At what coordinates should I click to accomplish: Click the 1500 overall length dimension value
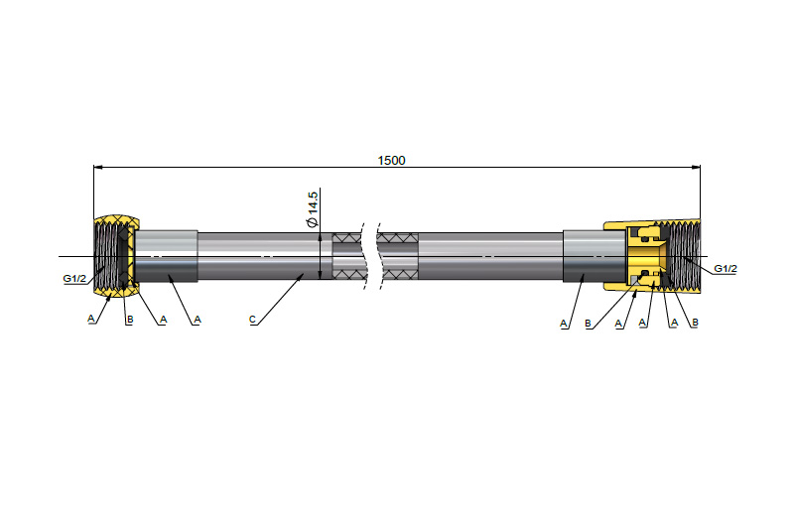pos(391,161)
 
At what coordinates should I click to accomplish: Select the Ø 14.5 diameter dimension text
pos(312,209)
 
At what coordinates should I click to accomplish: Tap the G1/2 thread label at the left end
pos(74,279)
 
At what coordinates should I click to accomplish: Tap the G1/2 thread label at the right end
pos(726,269)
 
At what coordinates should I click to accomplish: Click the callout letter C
pos(252,320)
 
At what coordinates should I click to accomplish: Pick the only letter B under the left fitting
pos(130,320)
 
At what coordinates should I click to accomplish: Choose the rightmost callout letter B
pos(695,323)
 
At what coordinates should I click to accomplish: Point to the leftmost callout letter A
pos(91,319)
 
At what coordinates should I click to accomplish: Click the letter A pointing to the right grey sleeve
pos(564,324)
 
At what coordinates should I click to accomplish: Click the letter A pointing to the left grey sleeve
pos(198,320)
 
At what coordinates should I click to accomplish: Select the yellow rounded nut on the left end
pos(116,256)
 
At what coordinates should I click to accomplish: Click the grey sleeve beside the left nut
pos(166,256)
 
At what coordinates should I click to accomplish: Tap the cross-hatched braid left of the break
pos(347,256)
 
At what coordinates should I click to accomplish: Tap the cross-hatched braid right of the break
pos(399,256)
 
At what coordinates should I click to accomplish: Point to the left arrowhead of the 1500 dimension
pos(98,167)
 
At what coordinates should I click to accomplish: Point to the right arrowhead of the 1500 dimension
pos(696,167)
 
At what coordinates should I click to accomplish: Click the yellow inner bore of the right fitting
pos(647,256)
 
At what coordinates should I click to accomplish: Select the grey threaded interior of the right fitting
pos(685,256)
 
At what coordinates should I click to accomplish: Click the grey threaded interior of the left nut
pos(107,256)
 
